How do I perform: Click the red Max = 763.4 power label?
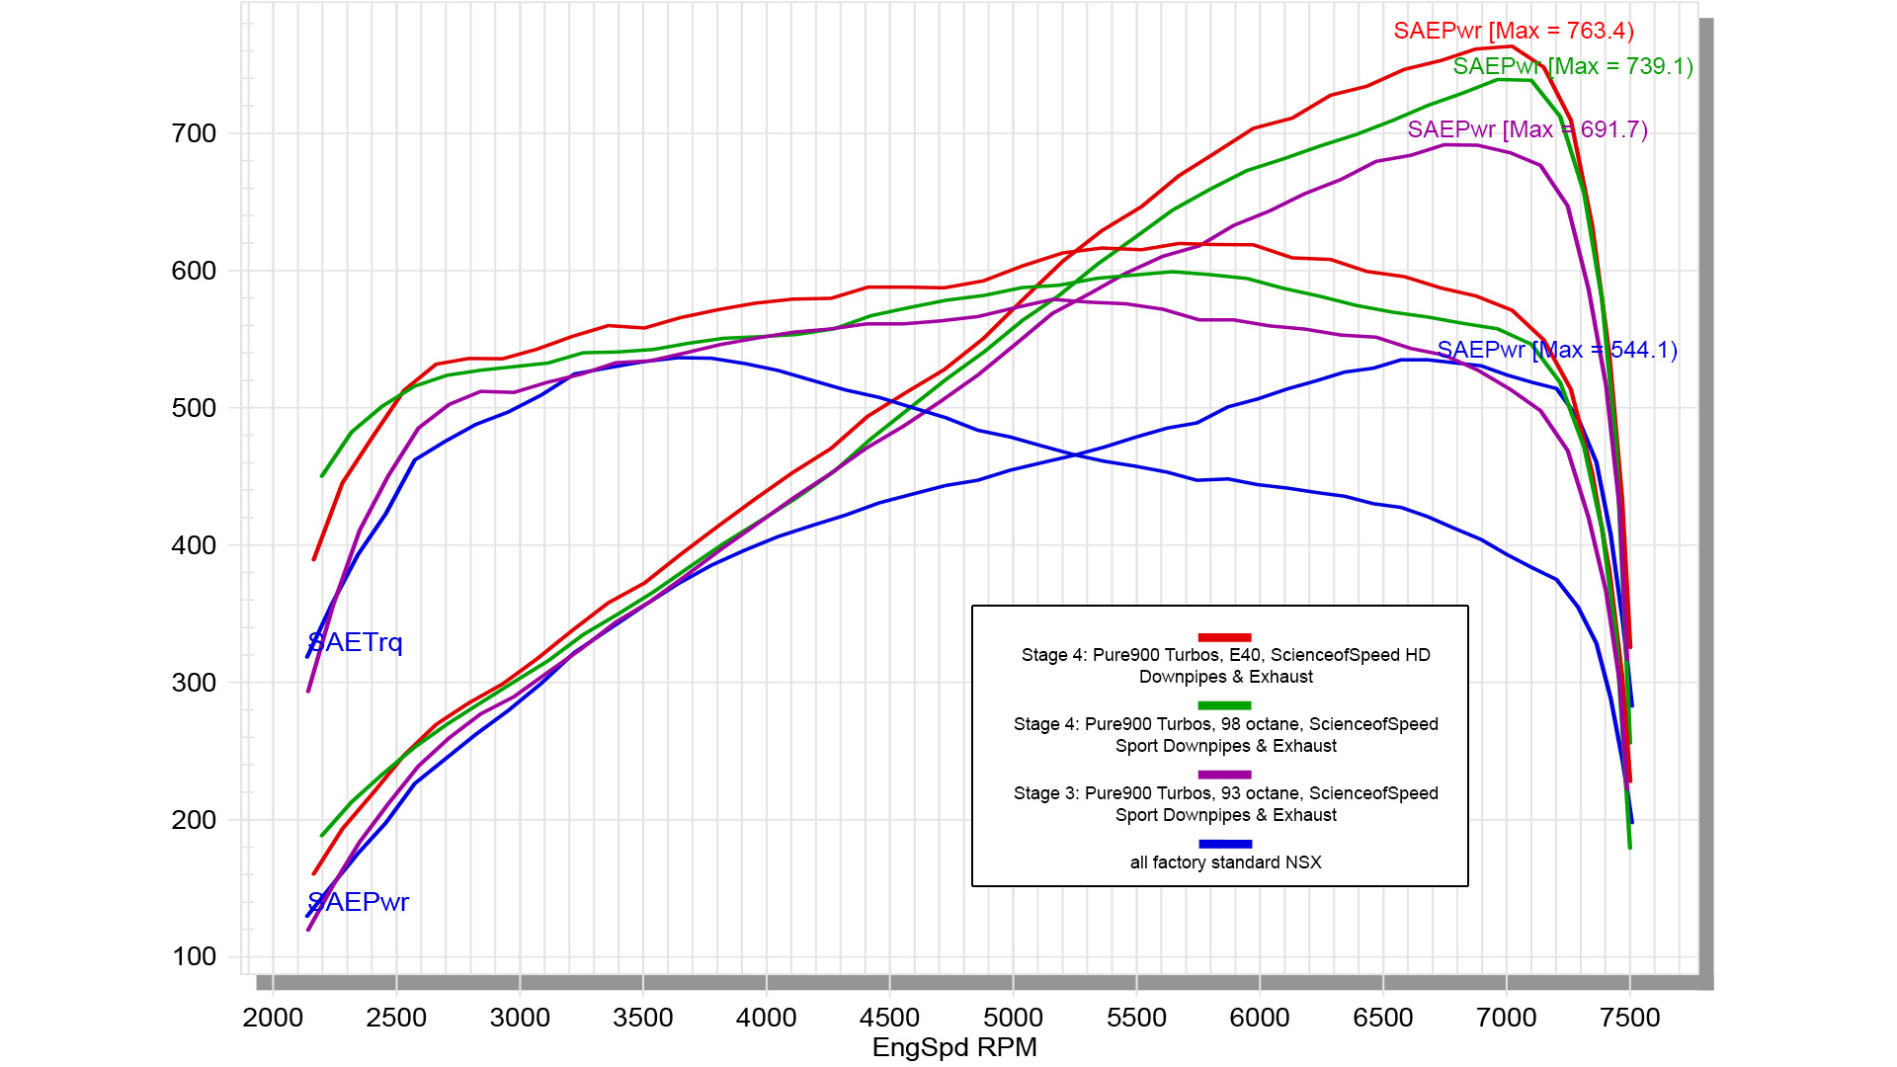(x=1513, y=31)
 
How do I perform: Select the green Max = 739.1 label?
(x=1573, y=66)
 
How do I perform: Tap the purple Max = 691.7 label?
(x=1527, y=129)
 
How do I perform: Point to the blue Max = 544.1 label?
(x=1557, y=350)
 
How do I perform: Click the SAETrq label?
(x=356, y=642)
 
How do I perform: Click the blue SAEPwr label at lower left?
(x=358, y=902)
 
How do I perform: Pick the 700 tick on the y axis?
(x=194, y=133)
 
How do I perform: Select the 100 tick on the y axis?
(x=194, y=956)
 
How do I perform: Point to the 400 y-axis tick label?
(x=194, y=545)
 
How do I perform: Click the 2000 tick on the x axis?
(x=273, y=1018)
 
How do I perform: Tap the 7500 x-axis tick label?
(x=1629, y=1018)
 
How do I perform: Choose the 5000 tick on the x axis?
(x=1013, y=1018)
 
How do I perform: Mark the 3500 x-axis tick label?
(x=643, y=1018)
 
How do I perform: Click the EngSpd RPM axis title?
(x=954, y=1047)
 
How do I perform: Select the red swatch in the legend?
(x=1225, y=637)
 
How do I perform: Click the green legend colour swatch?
(x=1225, y=706)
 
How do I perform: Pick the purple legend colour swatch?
(x=1225, y=776)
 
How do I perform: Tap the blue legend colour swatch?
(x=1225, y=845)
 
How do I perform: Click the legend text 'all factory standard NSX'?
(x=1225, y=862)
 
